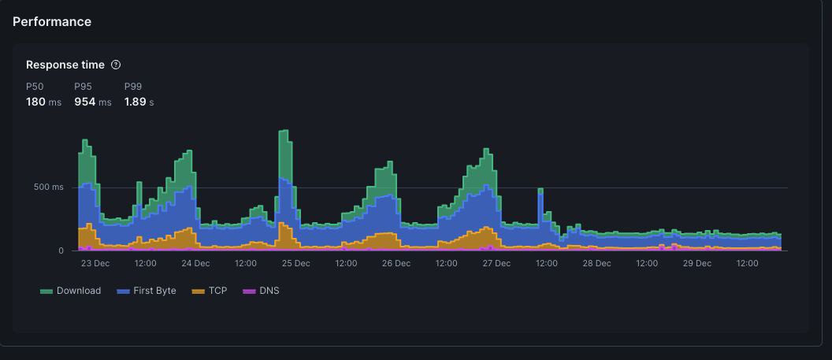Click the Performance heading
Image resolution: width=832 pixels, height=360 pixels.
[52, 22]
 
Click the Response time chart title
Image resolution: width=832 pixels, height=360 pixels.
[65, 65]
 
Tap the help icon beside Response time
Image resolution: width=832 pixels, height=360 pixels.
[116, 65]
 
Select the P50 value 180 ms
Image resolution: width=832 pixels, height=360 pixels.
[43, 102]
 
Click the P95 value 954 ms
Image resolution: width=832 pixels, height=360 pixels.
[92, 102]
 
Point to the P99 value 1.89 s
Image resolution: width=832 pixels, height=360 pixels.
[139, 102]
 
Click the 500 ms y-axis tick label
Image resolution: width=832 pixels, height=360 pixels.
[47, 187]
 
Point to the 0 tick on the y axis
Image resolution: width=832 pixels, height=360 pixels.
[61, 251]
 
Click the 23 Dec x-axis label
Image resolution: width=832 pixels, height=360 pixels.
[95, 263]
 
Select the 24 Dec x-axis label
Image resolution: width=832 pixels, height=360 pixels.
[195, 263]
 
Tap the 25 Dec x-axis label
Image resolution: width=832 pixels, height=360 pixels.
[295, 263]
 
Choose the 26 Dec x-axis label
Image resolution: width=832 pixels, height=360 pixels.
[396, 263]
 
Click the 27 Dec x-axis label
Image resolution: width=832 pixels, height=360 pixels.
[496, 263]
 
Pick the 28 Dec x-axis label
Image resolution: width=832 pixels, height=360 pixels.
[596, 263]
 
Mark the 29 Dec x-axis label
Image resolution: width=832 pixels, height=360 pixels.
[697, 263]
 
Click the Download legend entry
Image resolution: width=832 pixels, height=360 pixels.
[71, 291]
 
